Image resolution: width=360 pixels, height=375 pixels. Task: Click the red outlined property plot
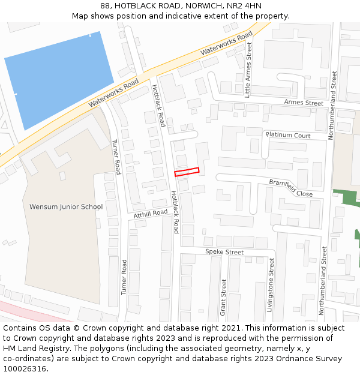click(x=187, y=172)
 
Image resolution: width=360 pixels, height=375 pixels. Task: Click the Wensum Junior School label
click(x=66, y=207)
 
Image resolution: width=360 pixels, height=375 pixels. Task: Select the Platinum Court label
click(x=288, y=136)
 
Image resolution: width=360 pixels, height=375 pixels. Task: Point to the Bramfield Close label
click(x=291, y=188)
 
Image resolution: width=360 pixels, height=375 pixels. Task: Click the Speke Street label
click(x=224, y=252)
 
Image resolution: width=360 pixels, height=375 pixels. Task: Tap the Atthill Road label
click(x=151, y=214)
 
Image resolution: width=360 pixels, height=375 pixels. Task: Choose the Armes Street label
click(x=304, y=103)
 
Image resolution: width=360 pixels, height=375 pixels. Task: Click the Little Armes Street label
click(x=248, y=70)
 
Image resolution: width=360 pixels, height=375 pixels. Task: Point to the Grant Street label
click(x=224, y=297)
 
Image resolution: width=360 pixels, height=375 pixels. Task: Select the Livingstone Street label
click(x=271, y=284)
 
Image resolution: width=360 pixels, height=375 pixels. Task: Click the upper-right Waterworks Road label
click(x=227, y=43)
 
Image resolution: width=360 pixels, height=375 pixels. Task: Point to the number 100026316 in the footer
click(x=25, y=369)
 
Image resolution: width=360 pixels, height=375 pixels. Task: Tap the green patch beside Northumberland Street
click(x=345, y=197)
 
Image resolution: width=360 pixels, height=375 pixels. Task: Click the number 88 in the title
click(x=114, y=5)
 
